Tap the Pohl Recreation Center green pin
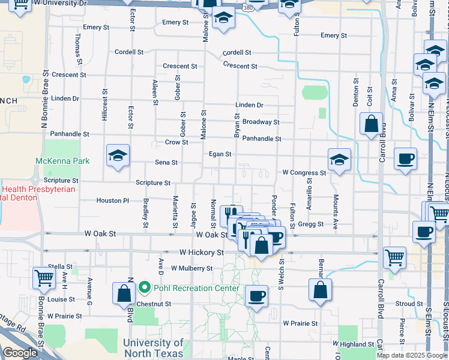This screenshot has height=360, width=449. coord(144,288)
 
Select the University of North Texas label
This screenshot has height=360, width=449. coord(153,348)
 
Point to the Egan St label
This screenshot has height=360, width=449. coord(220,154)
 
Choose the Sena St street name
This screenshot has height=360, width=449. coord(166,163)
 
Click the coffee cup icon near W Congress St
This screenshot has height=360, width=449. coord(405,159)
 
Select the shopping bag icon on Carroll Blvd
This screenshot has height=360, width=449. coord(372,125)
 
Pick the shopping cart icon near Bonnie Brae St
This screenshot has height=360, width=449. coord(44,278)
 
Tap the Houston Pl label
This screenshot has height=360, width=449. coord(112,200)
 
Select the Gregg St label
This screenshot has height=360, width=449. coord(312,224)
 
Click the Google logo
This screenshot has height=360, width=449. coord(20,353)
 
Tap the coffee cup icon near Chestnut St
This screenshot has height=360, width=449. coord(257,296)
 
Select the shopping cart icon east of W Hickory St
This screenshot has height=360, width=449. coord(394,257)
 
